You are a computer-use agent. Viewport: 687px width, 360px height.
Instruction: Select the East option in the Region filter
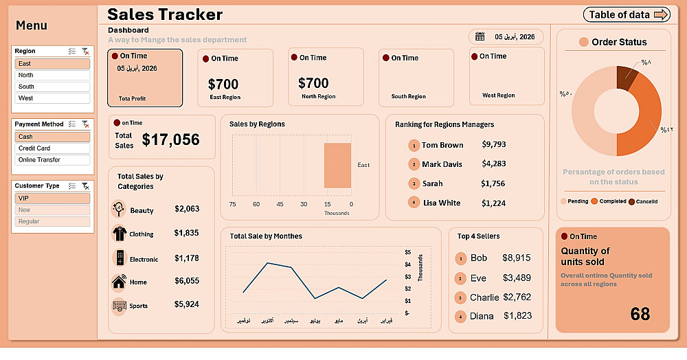point(52,64)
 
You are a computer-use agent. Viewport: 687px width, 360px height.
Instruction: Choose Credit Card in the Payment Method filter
point(52,148)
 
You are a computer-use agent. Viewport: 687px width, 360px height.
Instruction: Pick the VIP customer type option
point(52,198)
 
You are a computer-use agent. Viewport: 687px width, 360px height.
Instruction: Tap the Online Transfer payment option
point(52,160)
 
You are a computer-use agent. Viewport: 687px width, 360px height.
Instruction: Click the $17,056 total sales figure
point(170,140)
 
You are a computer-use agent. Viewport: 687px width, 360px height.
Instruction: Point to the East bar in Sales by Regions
point(337,165)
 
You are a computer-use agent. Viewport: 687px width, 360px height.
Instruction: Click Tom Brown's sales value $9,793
point(493,145)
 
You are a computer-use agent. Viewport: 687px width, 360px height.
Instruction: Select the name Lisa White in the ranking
point(442,203)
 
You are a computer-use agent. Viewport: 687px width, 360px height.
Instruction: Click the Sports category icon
point(118,305)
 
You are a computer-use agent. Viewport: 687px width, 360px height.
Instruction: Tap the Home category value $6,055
point(187,281)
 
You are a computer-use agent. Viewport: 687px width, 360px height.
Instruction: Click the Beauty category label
point(142,210)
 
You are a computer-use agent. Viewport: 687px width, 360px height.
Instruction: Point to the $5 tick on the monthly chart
point(407,252)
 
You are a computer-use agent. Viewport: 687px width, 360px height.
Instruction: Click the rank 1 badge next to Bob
point(461,258)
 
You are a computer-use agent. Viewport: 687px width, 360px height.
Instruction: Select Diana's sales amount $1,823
point(517,316)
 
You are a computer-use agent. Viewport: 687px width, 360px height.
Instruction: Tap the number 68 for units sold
point(640,314)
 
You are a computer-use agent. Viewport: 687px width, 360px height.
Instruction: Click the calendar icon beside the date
point(480,36)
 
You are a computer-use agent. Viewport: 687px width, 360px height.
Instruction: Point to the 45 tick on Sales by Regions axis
point(280,204)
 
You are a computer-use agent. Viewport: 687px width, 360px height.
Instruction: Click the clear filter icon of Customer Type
point(85,185)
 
